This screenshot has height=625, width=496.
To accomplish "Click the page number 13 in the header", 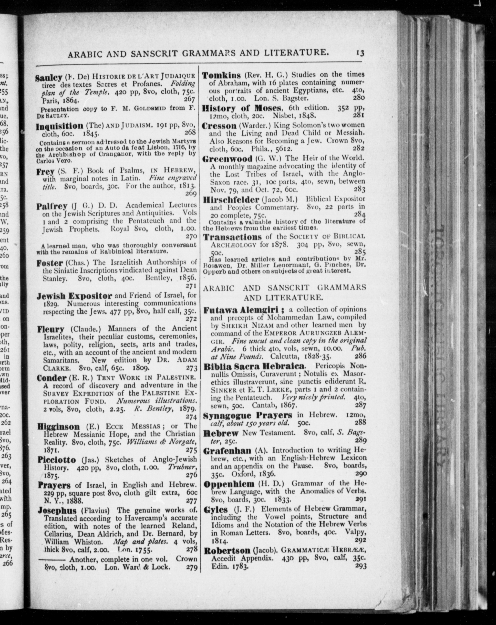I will tap(360, 53).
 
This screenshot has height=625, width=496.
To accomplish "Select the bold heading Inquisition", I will tap(59, 126).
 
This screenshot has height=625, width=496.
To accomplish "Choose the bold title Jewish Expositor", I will tap(74, 296).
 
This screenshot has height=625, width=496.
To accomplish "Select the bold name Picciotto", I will tap(57, 460).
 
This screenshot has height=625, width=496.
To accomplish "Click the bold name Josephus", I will tap(57, 510).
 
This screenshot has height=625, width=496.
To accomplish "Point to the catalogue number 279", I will tap(191, 567).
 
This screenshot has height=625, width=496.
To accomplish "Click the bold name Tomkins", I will tap(221, 75).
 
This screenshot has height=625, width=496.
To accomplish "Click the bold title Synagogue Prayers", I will tap(248, 415).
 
